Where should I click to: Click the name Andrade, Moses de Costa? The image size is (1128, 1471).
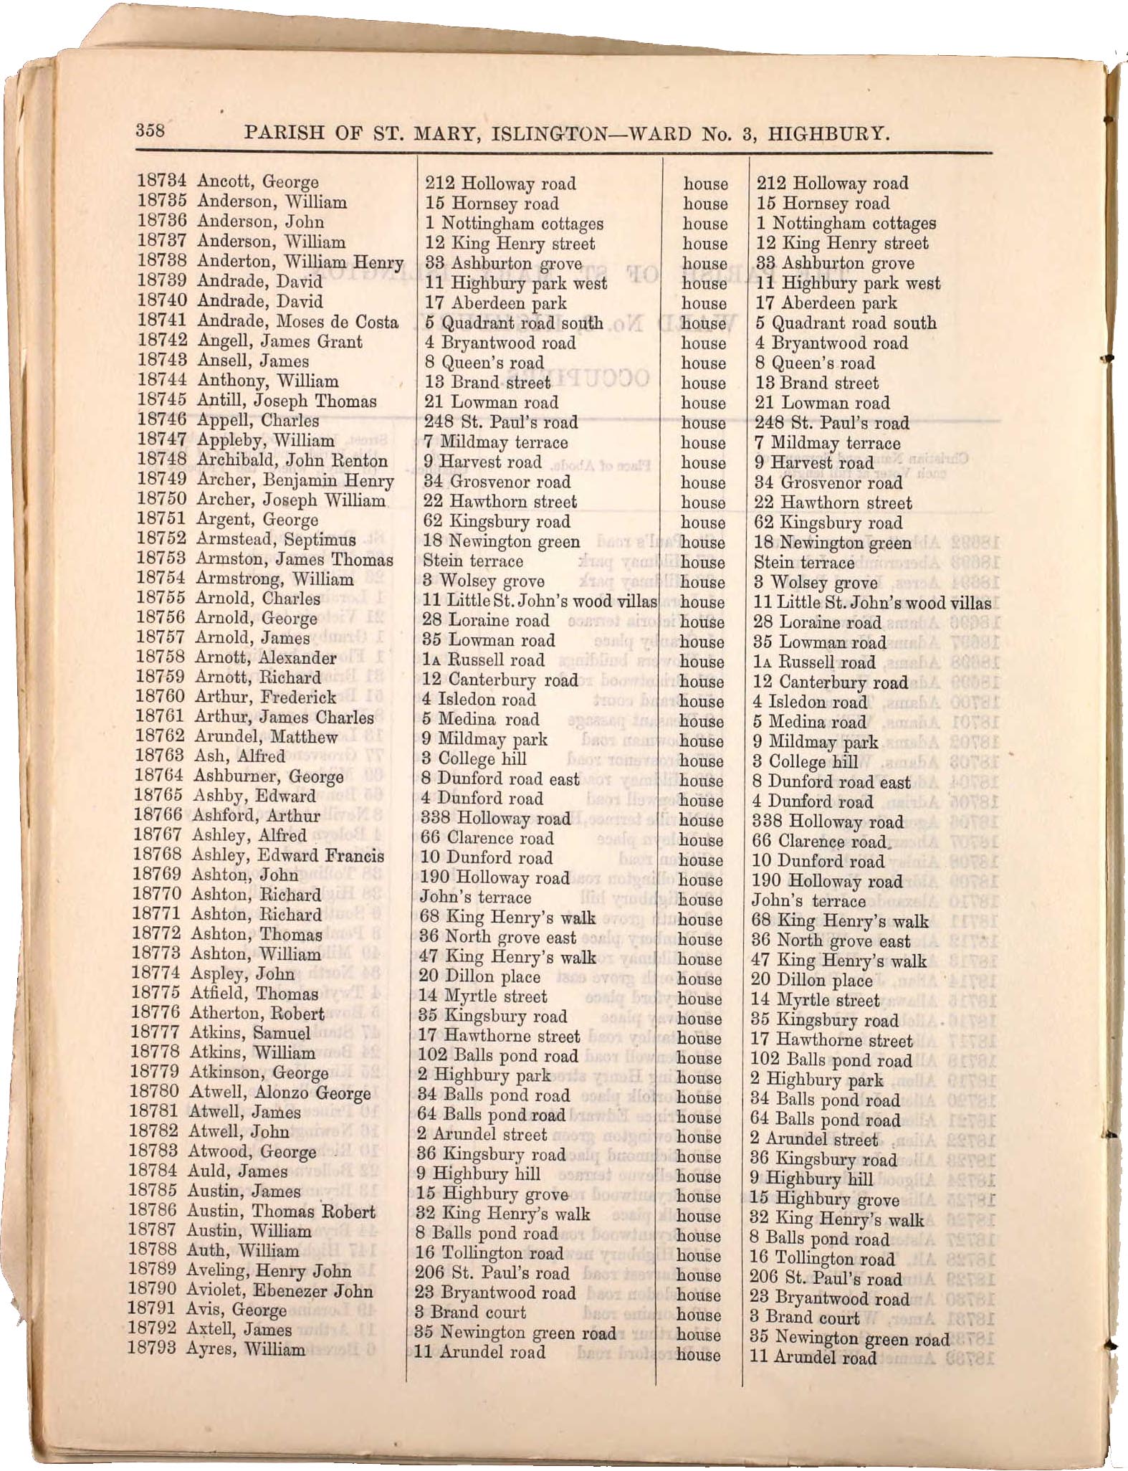[297, 322]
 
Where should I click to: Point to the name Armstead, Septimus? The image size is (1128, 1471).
[276, 539]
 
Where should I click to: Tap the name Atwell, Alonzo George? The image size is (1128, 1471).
[279, 1093]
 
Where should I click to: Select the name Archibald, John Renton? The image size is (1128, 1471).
[292, 460]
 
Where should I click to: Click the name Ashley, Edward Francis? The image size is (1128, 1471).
[287, 855]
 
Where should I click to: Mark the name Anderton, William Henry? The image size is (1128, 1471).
[300, 262]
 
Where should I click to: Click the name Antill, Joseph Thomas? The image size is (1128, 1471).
[287, 401]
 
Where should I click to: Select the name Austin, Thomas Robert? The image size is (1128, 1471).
[281, 1211]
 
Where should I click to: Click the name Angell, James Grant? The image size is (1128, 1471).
[279, 341]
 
